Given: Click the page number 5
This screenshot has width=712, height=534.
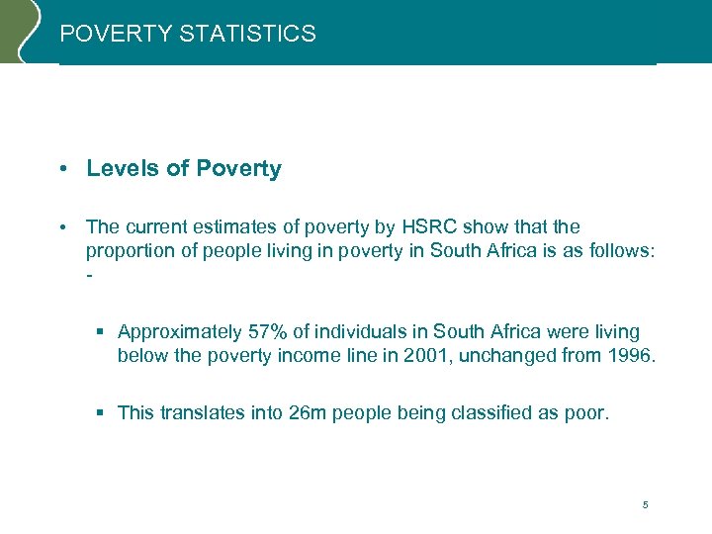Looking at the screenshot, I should click(645, 505).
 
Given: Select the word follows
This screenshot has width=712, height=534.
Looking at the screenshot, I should click(620, 250).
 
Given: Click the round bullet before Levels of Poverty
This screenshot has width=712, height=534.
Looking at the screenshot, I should click(63, 169).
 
